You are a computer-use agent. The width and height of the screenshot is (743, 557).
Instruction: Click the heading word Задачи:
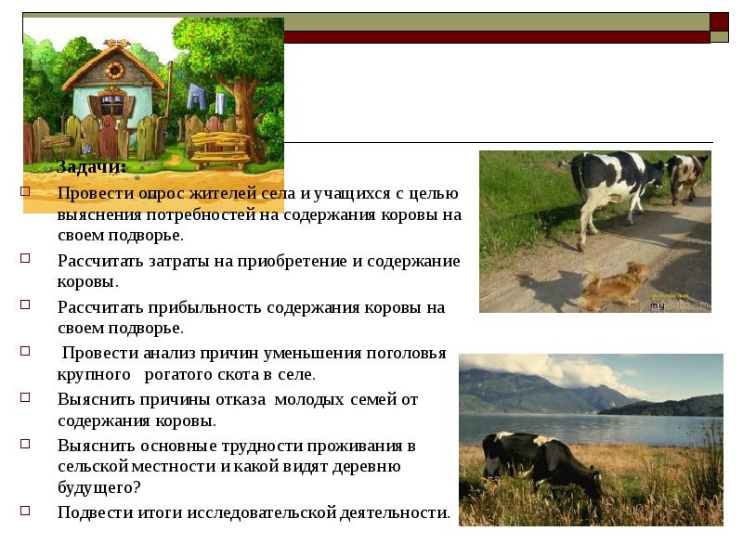point(91,167)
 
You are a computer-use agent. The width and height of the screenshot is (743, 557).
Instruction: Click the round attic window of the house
point(114,70)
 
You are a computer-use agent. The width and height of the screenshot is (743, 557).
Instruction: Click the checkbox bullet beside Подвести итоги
point(25,511)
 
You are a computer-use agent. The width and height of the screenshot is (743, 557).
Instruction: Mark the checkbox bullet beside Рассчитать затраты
point(25,260)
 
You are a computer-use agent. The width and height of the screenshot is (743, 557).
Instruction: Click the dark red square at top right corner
point(719,22)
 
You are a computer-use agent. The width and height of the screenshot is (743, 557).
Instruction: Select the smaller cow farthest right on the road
point(688,174)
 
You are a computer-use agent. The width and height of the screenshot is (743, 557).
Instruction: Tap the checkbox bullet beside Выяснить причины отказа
point(25,398)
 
